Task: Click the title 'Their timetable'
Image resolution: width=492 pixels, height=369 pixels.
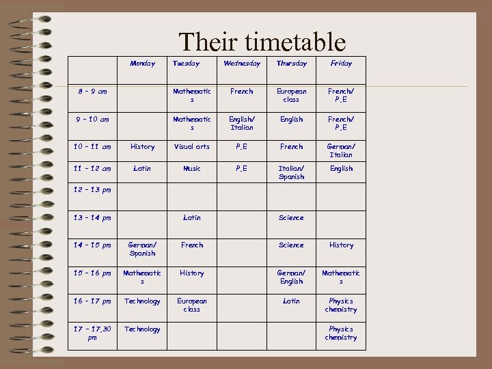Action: (262, 42)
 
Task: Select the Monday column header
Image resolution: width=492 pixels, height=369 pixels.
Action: (142, 64)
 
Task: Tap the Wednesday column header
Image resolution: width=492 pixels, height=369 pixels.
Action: (242, 64)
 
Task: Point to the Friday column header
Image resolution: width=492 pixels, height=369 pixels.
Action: (341, 64)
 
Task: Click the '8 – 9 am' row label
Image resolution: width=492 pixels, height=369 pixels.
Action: (92, 91)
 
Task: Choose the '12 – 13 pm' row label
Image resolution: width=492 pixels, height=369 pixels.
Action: (92, 190)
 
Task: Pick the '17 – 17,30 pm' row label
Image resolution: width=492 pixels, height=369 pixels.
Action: (92, 333)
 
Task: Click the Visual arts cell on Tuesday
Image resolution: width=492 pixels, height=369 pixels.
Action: (192, 146)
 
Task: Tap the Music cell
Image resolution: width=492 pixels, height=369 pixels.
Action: (192, 168)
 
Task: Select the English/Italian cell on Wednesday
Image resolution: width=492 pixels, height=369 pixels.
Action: (242, 123)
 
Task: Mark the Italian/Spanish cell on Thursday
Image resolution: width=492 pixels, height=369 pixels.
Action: (291, 172)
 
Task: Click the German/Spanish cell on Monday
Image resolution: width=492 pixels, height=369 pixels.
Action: (142, 249)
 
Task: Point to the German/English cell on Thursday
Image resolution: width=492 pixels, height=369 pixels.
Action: (291, 277)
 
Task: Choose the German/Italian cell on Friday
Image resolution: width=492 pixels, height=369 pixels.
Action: (341, 150)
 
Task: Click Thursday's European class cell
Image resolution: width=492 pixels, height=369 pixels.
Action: (291, 95)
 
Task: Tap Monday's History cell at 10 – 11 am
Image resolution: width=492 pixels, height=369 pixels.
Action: (142, 146)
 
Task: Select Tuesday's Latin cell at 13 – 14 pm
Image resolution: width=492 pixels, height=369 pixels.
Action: (192, 217)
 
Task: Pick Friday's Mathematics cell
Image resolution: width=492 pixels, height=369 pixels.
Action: (341, 277)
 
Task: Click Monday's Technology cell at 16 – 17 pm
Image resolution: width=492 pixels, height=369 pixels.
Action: (142, 301)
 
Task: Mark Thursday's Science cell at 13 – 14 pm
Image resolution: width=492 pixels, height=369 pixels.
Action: (291, 217)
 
